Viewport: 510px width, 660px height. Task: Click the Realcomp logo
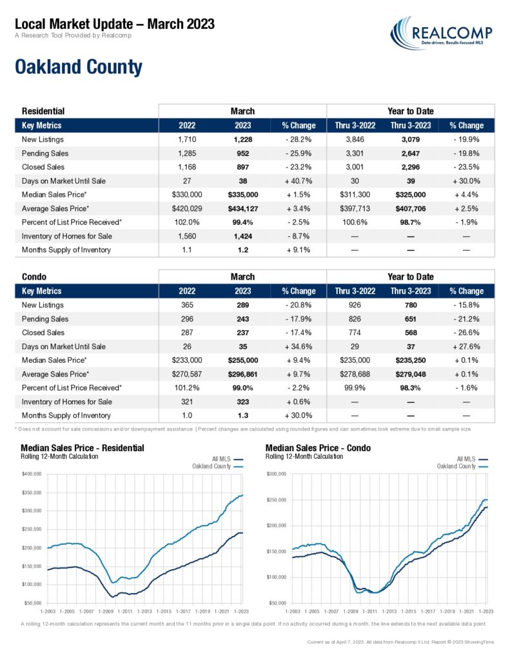coord(441,33)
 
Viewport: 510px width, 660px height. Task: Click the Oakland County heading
coord(79,67)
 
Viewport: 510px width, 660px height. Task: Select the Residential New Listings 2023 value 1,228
coord(243,140)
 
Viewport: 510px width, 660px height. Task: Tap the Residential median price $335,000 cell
coord(243,195)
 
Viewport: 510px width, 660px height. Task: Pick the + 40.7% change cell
coord(299,181)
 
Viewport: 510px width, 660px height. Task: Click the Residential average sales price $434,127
coord(243,209)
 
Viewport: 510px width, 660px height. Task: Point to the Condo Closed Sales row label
coord(43,333)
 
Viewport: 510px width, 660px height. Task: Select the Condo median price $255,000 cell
coord(243,360)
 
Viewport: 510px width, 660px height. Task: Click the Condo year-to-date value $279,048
coord(411,374)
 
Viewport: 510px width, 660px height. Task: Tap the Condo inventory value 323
coord(243,402)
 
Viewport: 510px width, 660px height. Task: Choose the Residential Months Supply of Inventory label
coord(66,250)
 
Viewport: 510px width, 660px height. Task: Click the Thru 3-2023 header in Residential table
coord(411,126)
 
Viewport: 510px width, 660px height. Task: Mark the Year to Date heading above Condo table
coord(411,277)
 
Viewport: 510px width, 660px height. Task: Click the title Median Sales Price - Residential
coord(83,448)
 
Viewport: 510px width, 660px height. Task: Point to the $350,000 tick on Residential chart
coord(32,492)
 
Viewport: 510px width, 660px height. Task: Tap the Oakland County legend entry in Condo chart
coord(462,467)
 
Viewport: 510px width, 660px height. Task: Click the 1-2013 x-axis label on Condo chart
coord(389,611)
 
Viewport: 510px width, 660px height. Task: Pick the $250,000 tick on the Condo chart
coord(277,500)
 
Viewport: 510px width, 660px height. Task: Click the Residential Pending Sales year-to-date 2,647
coord(411,153)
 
